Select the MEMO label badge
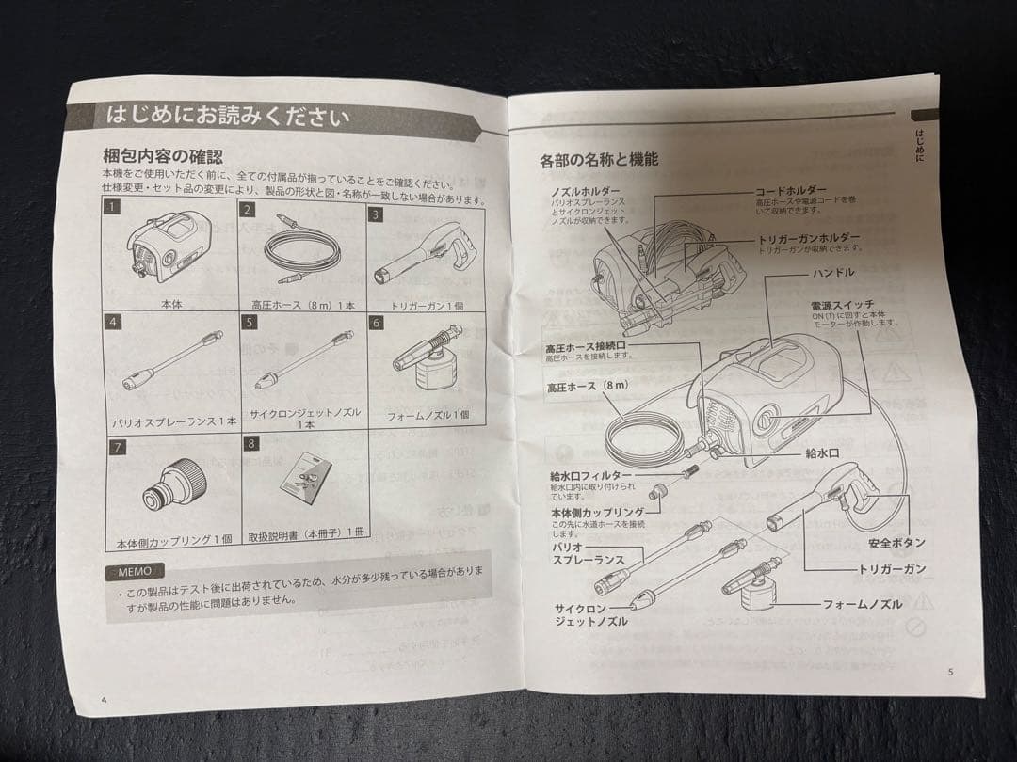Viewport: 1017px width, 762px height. [135, 571]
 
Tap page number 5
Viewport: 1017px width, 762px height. [950, 672]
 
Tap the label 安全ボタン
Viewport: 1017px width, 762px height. [895, 543]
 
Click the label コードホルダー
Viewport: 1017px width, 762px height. [790, 189]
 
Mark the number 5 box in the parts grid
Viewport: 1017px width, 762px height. [249, 323]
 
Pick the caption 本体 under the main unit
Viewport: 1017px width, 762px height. [171, 305]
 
